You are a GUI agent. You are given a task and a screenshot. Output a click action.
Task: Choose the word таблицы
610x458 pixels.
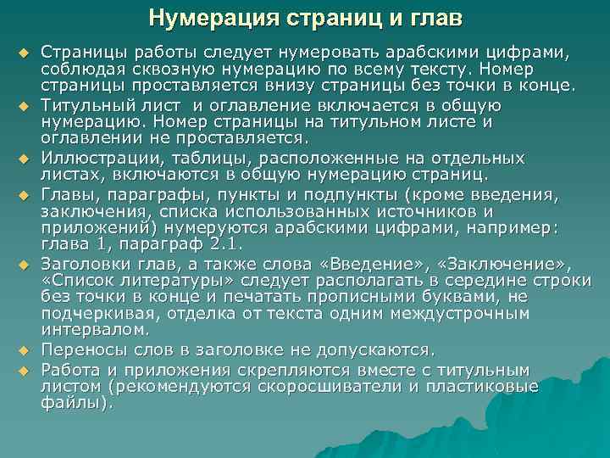[x=210, y=159]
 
